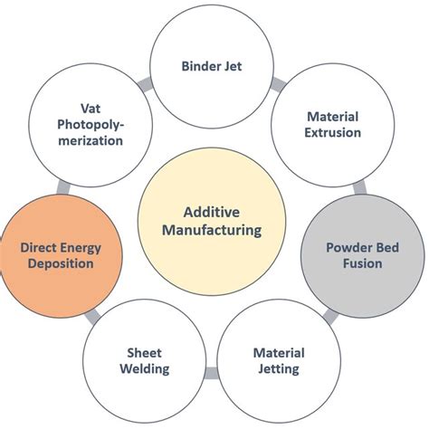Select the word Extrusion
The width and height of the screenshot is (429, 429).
333,132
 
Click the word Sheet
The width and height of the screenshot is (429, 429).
143,352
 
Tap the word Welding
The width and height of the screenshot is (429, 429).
143,368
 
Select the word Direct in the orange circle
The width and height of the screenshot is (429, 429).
40,246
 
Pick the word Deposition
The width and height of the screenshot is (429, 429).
60,263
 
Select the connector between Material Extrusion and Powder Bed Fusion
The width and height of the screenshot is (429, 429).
358,186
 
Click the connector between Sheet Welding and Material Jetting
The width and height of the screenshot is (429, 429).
211,372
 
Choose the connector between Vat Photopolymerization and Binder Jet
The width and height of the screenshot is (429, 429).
145,84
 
